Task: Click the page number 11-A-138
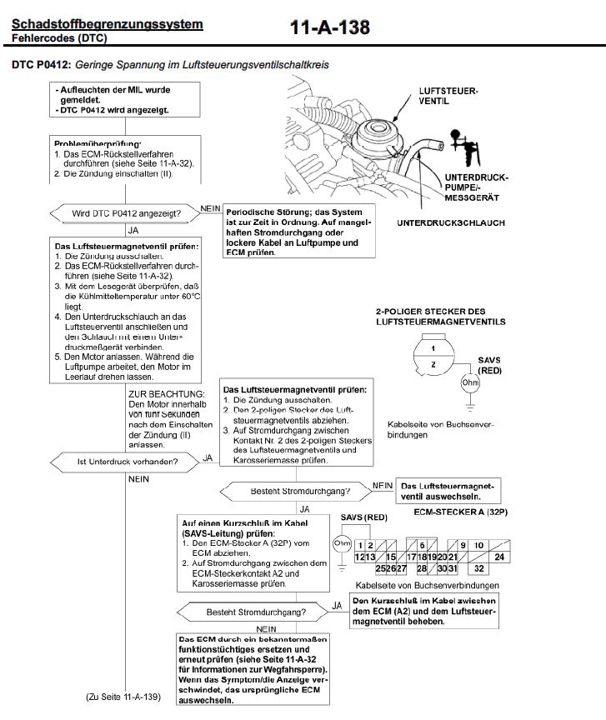[329, 28]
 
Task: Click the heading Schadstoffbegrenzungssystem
[108, 23]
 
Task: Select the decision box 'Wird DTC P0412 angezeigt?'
[125, 213]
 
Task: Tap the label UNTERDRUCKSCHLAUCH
[451, 223]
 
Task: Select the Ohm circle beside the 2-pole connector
[470, 383]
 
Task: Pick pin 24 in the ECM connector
[499, 556]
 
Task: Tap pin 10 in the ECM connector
[479, 544]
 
